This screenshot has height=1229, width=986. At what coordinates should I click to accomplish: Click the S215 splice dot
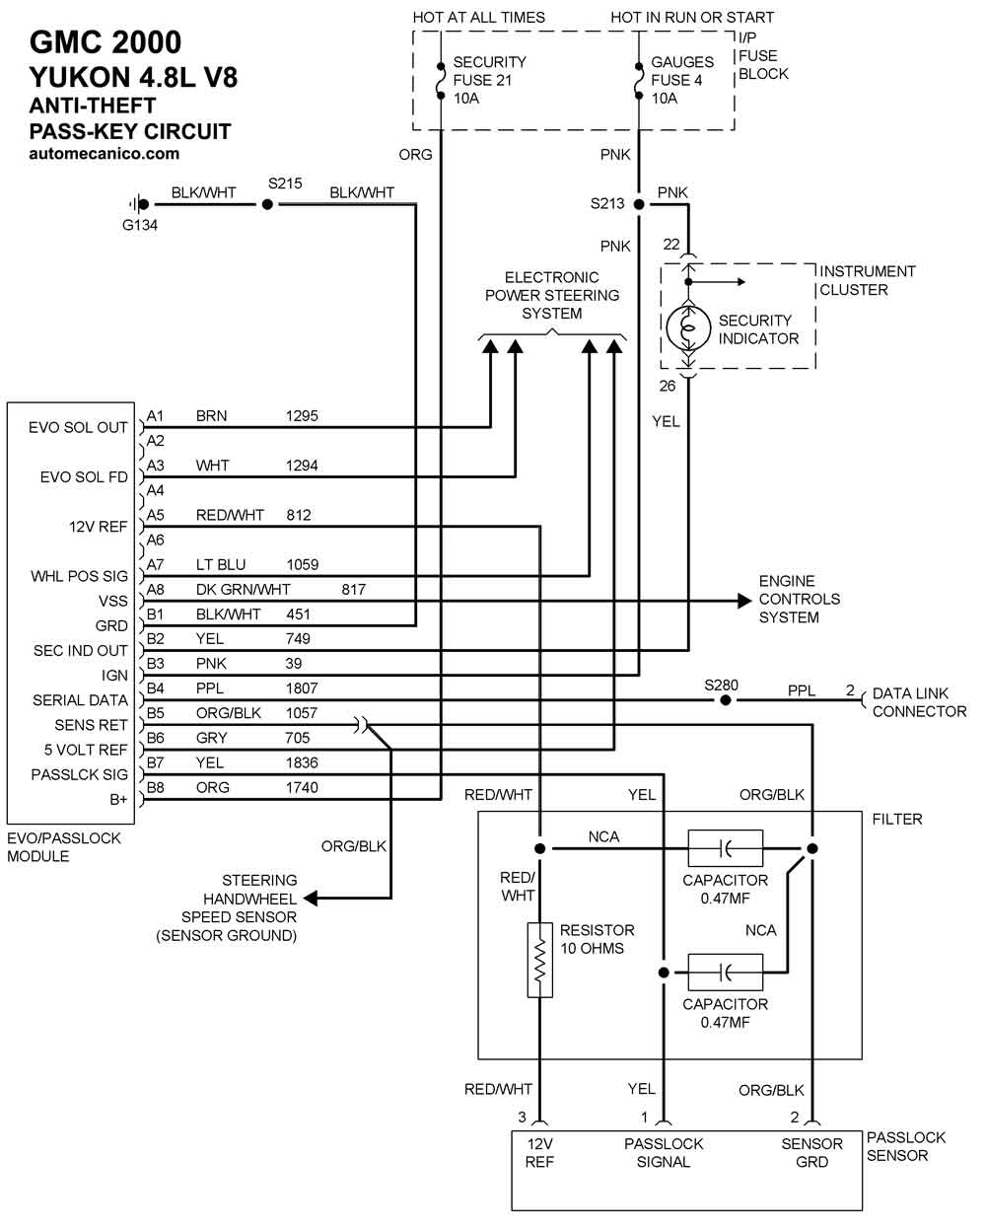266,204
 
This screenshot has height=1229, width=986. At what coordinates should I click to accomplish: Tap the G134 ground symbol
139,204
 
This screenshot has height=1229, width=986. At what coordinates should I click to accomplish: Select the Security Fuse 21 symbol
440,80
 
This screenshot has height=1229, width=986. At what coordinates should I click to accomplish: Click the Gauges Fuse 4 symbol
639,80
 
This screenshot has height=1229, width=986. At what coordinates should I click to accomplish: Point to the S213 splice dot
639,204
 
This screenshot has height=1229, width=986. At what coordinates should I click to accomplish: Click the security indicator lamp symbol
688,327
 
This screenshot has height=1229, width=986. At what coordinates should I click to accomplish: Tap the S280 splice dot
725,700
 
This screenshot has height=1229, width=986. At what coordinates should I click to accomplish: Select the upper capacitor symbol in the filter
725,848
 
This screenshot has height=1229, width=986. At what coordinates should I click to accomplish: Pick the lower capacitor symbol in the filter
725,972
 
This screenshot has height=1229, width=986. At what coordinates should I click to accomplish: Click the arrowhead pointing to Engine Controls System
744,601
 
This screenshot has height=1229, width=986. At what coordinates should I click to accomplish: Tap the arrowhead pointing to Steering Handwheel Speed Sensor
311,899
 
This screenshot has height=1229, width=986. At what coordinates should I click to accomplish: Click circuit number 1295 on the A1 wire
302,416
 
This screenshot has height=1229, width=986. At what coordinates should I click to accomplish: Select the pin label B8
155,787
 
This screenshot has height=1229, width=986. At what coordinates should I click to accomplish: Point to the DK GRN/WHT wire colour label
243,590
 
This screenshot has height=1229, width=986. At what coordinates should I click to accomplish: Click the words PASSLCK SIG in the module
79,774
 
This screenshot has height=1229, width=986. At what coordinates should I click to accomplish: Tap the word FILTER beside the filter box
897,819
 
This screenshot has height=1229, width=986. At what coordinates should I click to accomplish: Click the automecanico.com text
104,154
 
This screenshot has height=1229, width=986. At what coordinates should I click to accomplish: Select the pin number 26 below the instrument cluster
667,386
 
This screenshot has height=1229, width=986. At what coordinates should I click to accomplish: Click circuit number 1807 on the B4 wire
302,688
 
